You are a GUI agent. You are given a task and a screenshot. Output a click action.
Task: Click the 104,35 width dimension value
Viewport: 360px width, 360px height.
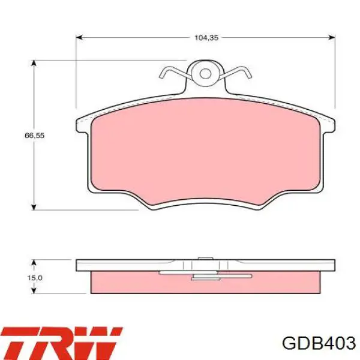tap(206, 38)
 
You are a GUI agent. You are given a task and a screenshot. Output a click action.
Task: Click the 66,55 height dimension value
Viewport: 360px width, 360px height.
tap(34, 136)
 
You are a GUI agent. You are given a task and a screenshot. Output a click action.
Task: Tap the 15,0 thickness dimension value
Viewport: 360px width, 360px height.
tap(35, 278)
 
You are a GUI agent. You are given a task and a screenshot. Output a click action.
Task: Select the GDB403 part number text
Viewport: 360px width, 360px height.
tap(319, 343)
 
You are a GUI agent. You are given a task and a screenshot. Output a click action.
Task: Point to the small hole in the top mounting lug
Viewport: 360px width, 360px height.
tap(205, 74)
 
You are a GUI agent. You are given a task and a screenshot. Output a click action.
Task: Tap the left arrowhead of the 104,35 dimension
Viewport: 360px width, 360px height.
tap(79, 37)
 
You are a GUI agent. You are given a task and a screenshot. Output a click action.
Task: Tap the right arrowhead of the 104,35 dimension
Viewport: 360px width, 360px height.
tap(332, 37)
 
